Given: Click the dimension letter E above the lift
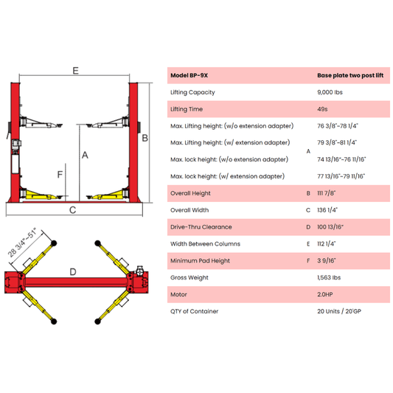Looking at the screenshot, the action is click(x=75, y=71).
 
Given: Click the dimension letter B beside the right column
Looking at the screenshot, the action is click(x=145, y=138).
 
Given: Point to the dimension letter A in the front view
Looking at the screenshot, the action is click(x=85, y=155).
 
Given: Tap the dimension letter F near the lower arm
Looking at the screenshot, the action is click(x=60, y=174).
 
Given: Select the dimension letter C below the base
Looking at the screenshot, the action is click(x=73, y=210).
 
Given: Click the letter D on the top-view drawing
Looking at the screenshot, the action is click(x=73, y=272).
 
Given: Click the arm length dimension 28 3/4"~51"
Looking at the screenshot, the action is click(x=22, y=243).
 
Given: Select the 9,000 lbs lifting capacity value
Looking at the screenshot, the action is click(x=330, y=92).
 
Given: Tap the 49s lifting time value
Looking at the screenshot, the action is click(x=322, y=109).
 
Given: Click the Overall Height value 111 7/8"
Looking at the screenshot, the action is click(x=327, y=193).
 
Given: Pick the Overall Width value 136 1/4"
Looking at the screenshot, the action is click(x=327, y=210).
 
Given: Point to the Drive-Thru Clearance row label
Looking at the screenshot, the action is click(x=201, y=227).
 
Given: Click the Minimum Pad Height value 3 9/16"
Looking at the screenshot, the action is click(x=327, y=261).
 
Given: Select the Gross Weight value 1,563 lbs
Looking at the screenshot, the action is click(x=329, y=278).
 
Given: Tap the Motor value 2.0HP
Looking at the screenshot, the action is click(x=325, y=294).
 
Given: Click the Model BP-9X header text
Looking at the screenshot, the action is click(x=189, y=75).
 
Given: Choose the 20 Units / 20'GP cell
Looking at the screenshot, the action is click(x=339, y=311).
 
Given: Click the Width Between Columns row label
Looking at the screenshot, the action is click(x=205, y=244).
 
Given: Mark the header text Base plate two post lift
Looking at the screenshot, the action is click(x=350, y=75).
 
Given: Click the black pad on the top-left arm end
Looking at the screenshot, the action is click(x=54, y=243).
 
